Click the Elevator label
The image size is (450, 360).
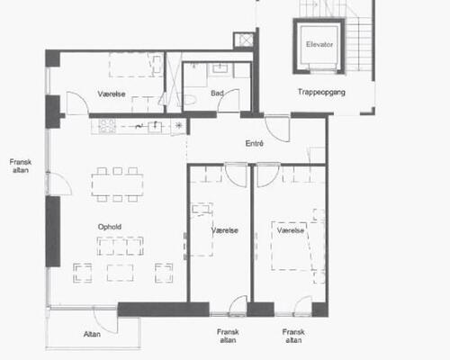(x=319, y=44)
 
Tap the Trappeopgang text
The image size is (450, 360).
(x=321, y=92)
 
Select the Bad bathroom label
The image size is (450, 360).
(x=217, y=94)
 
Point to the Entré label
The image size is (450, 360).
(x=255, y=143)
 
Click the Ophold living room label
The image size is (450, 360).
(x=110, y=227)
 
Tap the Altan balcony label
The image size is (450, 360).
(x=92, y=334)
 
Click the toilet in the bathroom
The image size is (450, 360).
(x=189, y=99)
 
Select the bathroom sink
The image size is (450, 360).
(x=220, y=68)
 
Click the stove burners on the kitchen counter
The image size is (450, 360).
(x=107, y=126)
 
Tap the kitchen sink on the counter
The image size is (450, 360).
(x=155, y=127)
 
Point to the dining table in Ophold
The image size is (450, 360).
(x=117, y=184)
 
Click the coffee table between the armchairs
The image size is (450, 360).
(x=120, y=273)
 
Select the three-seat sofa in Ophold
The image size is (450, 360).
(x=120, y=246)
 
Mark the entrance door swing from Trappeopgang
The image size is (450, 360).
(x=278, y=130)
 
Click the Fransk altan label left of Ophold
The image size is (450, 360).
(x=21, y=166)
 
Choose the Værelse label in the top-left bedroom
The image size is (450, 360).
(x=112, y=94)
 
